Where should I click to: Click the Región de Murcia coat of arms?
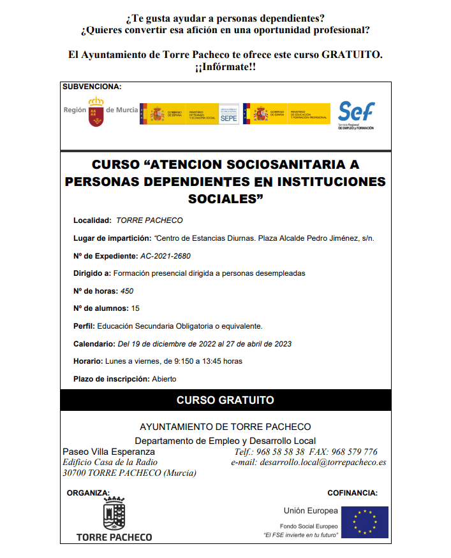coord(96,111)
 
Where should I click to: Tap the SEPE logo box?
coord(230,114)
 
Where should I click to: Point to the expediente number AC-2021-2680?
coord(165,256)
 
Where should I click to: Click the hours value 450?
coord(127,291)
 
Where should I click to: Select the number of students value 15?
coord(135,308)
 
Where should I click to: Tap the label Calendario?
coord(94,344)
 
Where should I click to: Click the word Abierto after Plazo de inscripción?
coord(164,379)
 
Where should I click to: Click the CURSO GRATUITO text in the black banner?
coord(225,401)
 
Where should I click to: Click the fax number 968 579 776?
coord(354,452)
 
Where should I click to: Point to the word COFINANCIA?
coord(352,493)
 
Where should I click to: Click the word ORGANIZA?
coord(88,493)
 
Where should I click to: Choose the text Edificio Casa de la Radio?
coord(110,462)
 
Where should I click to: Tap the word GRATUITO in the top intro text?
coord(352,55)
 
